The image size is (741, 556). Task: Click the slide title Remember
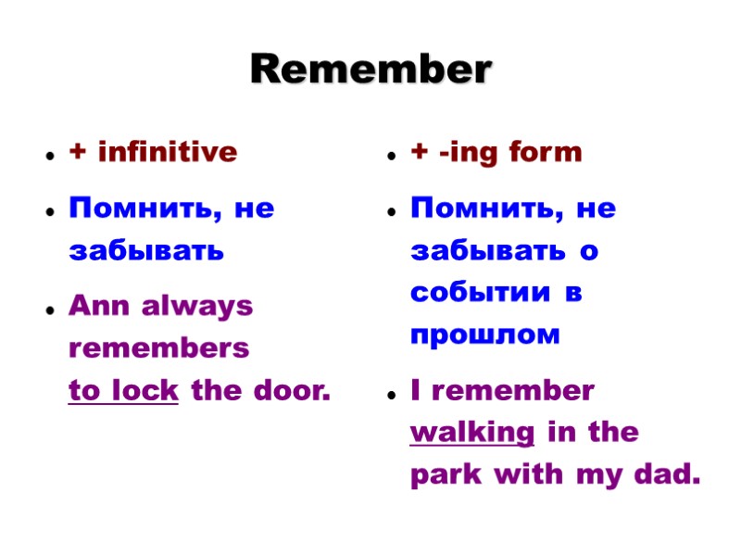(370, 69)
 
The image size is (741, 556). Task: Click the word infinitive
(167, 152)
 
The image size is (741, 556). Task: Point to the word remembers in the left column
(159, 348)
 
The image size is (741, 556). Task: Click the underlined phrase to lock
(123, 391)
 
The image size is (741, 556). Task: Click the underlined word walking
(471, 433)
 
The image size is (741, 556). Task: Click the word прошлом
(485, 335)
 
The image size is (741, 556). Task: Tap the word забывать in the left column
(146, 250)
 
